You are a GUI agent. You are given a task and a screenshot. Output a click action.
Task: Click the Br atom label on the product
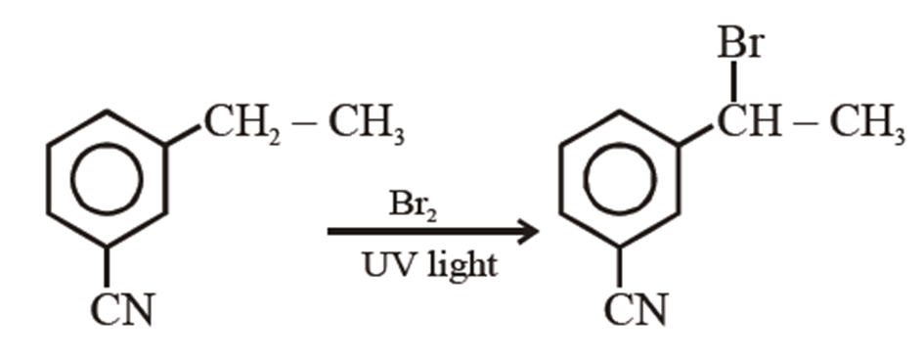click(x=740, y=44)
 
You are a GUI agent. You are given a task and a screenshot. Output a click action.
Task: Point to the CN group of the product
click(x=636, y=310)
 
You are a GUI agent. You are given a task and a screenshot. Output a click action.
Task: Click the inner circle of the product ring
click(x=618, y=180)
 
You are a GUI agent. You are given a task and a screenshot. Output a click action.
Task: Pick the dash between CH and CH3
click(x=806, y=123)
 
